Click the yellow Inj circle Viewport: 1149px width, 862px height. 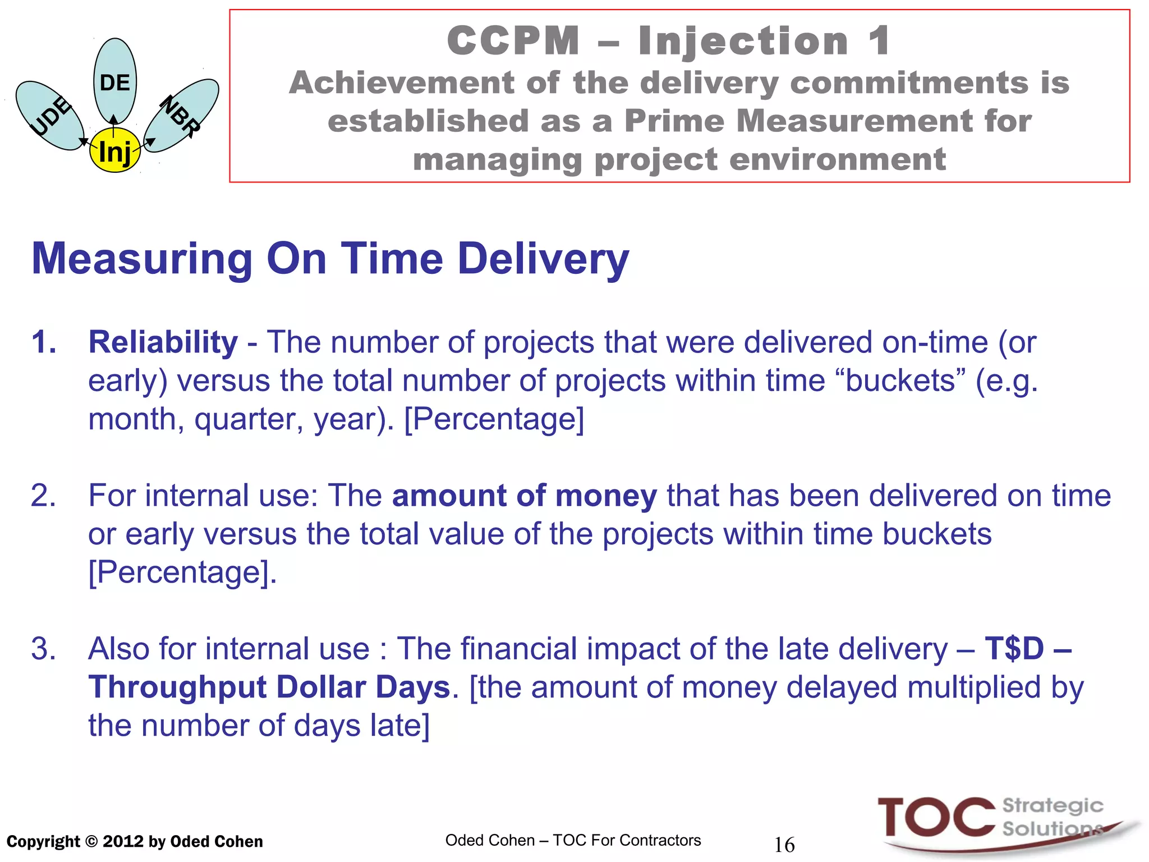point(115,150)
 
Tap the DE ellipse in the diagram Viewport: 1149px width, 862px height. point(115,81)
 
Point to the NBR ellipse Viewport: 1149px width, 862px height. point(181,115)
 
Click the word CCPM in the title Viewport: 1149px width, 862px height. point(513,41)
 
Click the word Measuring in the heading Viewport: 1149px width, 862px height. point(143,259)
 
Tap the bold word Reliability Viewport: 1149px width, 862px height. point(163,342)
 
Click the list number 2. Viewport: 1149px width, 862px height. point(43,496)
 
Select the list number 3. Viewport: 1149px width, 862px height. point(43,649)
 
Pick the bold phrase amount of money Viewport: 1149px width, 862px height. point(524,496)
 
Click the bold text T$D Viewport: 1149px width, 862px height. point(1014,649)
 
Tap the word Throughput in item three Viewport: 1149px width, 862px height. point(177,687)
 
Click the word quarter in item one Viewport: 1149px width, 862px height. point(249,419)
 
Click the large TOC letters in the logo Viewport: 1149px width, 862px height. point(936,818)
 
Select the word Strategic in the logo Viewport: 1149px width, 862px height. point(1053,806)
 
